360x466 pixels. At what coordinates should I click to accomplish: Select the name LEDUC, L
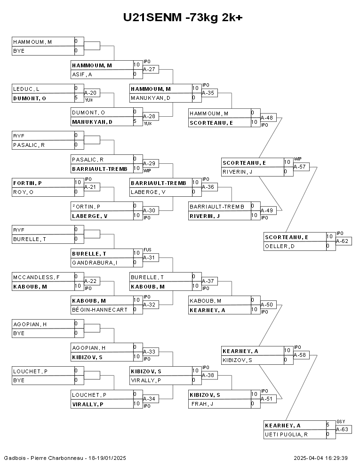click(x=26, y=88)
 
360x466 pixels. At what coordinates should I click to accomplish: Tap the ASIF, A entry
click(x=82, y=74)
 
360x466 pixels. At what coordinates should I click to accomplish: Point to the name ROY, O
click(x=24, y=192)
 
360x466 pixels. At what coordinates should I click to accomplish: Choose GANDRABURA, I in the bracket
click(x=94, y=263)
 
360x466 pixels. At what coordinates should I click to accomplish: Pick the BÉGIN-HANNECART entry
click(x=99, y=310)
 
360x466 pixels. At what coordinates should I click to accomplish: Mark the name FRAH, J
click(x=203, y=404)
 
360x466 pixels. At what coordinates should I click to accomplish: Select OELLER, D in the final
click(x=280, y=246)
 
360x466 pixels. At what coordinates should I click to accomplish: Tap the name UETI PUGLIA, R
click(x=286, y=434)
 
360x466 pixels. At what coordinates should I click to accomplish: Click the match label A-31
click(x=150, y=257)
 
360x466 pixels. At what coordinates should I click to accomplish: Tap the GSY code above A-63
click(x=341, y=422)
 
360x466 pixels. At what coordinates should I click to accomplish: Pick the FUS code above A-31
click(x=147, y=250)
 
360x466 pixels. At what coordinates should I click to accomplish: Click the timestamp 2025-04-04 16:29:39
click(x=320, y=458)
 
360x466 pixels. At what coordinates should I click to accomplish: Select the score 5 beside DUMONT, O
click(x=76, y=98)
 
